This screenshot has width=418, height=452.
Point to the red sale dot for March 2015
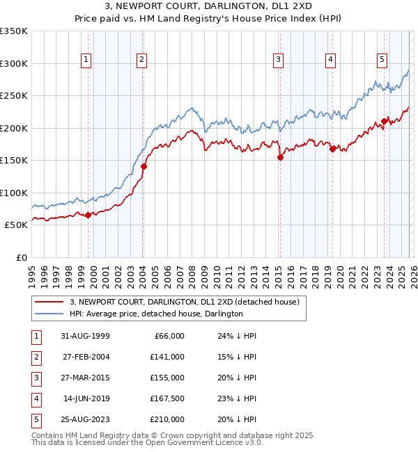280,157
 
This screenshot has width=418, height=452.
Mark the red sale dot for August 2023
384,122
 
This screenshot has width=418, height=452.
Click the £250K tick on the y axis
14,95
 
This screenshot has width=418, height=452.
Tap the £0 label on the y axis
22,257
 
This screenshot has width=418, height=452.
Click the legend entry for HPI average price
155,314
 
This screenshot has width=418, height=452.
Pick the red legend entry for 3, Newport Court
184,302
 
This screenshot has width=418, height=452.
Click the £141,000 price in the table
167,356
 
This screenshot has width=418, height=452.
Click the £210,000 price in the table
167,419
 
